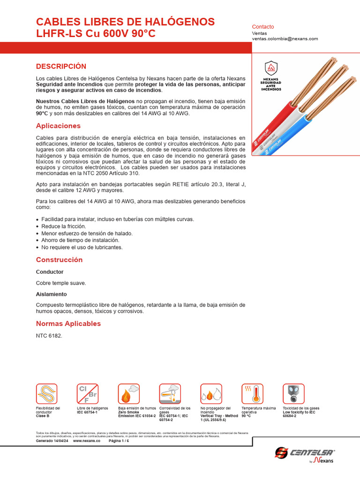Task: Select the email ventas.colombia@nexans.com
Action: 285,39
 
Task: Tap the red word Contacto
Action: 263,27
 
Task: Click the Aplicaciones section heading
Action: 58,126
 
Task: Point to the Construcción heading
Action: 59,260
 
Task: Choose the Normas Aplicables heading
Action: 68,323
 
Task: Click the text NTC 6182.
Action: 49,336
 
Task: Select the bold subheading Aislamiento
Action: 51,294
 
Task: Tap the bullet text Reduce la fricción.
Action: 64,226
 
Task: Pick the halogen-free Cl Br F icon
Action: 88,394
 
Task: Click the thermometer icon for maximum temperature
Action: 252,394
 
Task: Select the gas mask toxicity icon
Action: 293,394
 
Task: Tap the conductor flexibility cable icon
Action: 47,394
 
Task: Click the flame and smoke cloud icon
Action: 128,394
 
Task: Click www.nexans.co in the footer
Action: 87,441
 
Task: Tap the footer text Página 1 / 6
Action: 119,441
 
